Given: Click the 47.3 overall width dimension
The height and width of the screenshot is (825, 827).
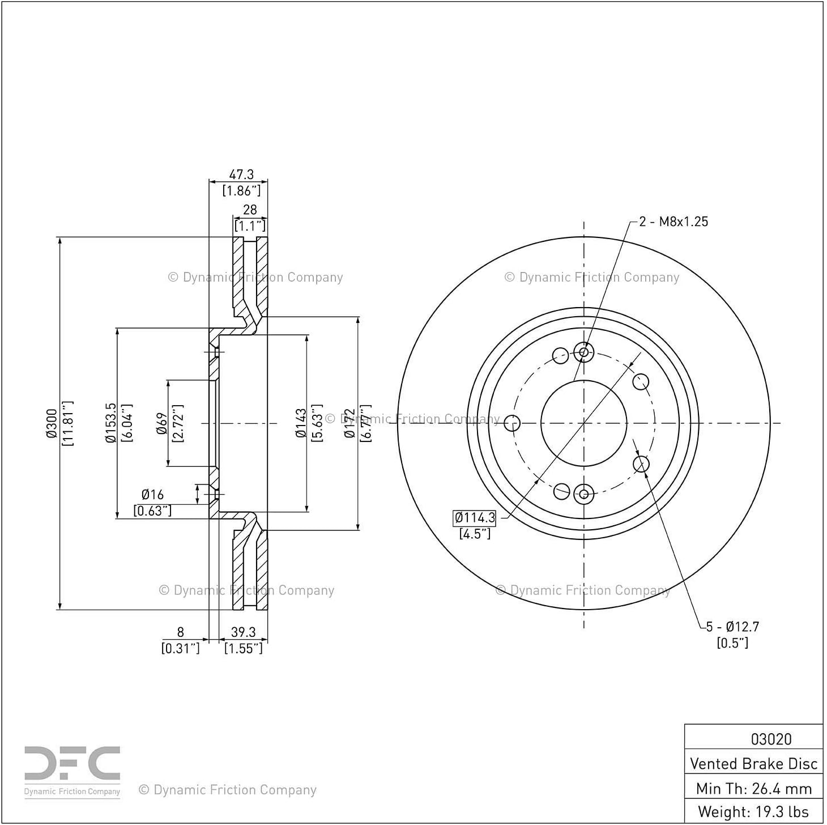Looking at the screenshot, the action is pos(241,175).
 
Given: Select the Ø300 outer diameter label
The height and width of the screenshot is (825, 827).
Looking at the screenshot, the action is pos(52,423).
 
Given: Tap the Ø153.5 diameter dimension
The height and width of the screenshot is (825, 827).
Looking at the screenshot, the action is pos(110,423).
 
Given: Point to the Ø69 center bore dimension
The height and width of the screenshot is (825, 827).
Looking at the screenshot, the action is pos(162,423).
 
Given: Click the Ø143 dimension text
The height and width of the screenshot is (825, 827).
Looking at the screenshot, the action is pos(301,423).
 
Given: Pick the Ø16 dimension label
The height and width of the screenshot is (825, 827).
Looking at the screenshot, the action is pos(153,495).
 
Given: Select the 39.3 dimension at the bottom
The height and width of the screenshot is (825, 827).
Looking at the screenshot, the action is pos(244,632).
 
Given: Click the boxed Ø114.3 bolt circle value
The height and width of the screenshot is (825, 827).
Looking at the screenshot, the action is pos(475,518).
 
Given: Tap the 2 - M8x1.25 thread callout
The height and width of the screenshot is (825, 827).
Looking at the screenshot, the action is pos(673,222).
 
